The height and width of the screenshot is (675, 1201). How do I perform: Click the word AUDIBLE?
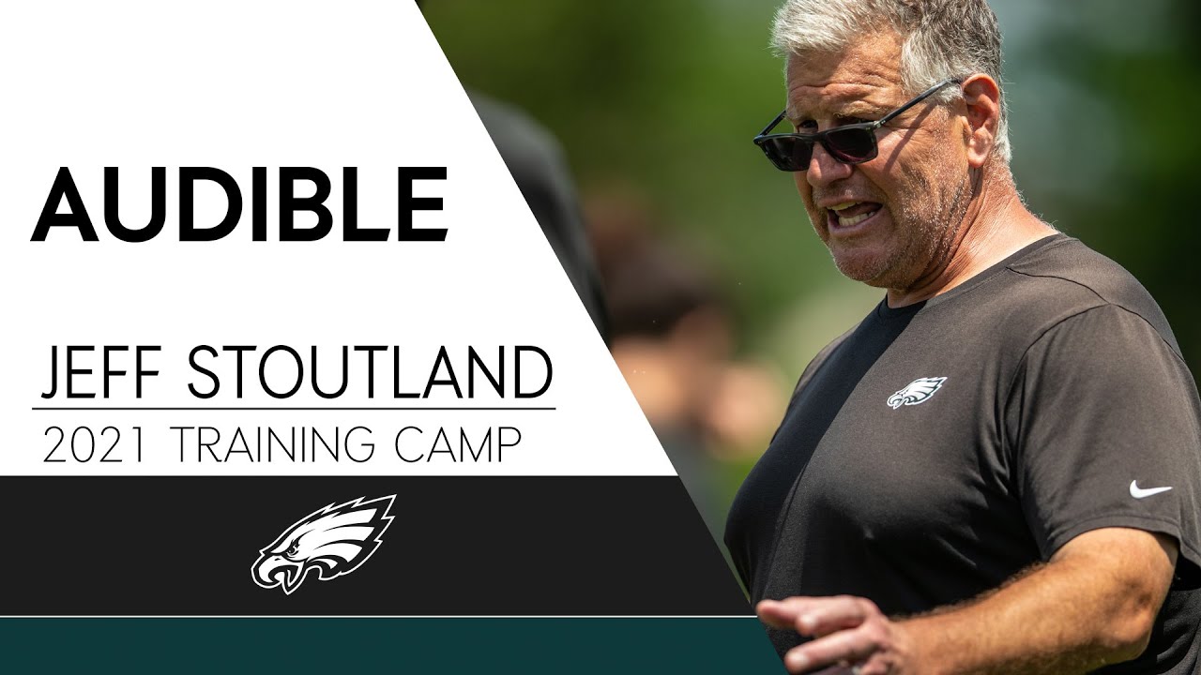pos(239,205)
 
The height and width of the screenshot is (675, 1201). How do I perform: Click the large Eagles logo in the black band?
pos(323,543)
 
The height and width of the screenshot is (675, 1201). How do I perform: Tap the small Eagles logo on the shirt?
pos(916,391)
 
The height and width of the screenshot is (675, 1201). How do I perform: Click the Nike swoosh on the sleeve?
pos(1149,489)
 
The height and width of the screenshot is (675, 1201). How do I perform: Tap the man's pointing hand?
pos(816,628)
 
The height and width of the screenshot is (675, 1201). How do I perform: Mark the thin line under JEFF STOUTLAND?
pos(293,409)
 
